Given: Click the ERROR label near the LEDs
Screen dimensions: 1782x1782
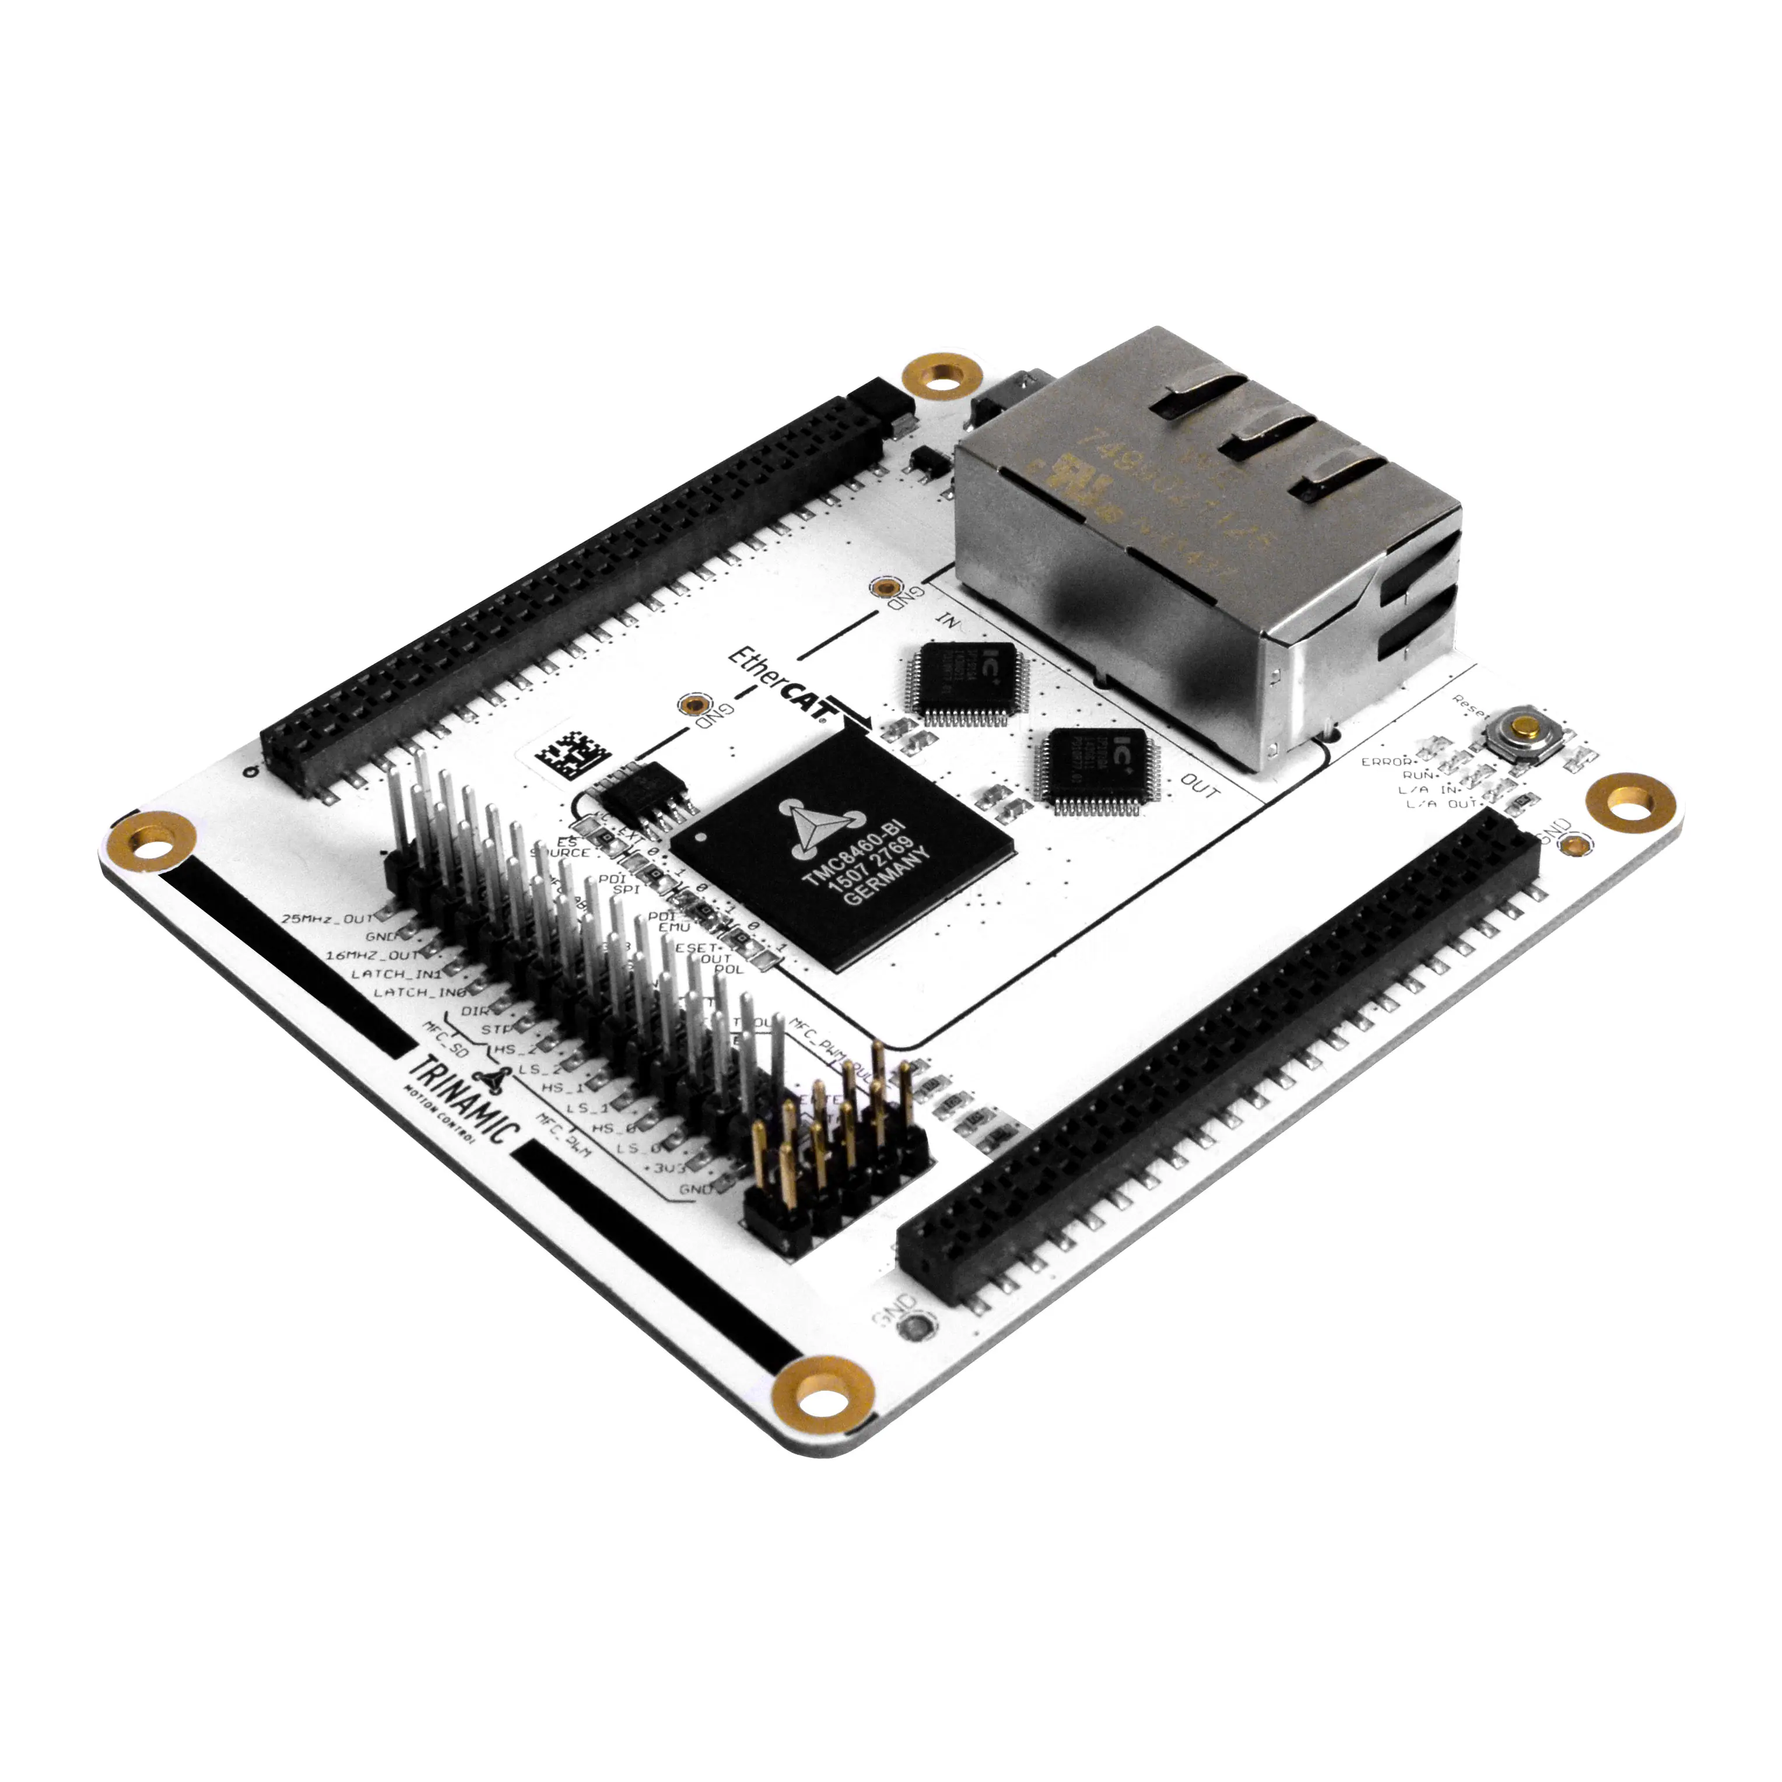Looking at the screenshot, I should [x=1386, y=762].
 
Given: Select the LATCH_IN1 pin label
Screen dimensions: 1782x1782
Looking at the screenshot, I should [x=397, y=974].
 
